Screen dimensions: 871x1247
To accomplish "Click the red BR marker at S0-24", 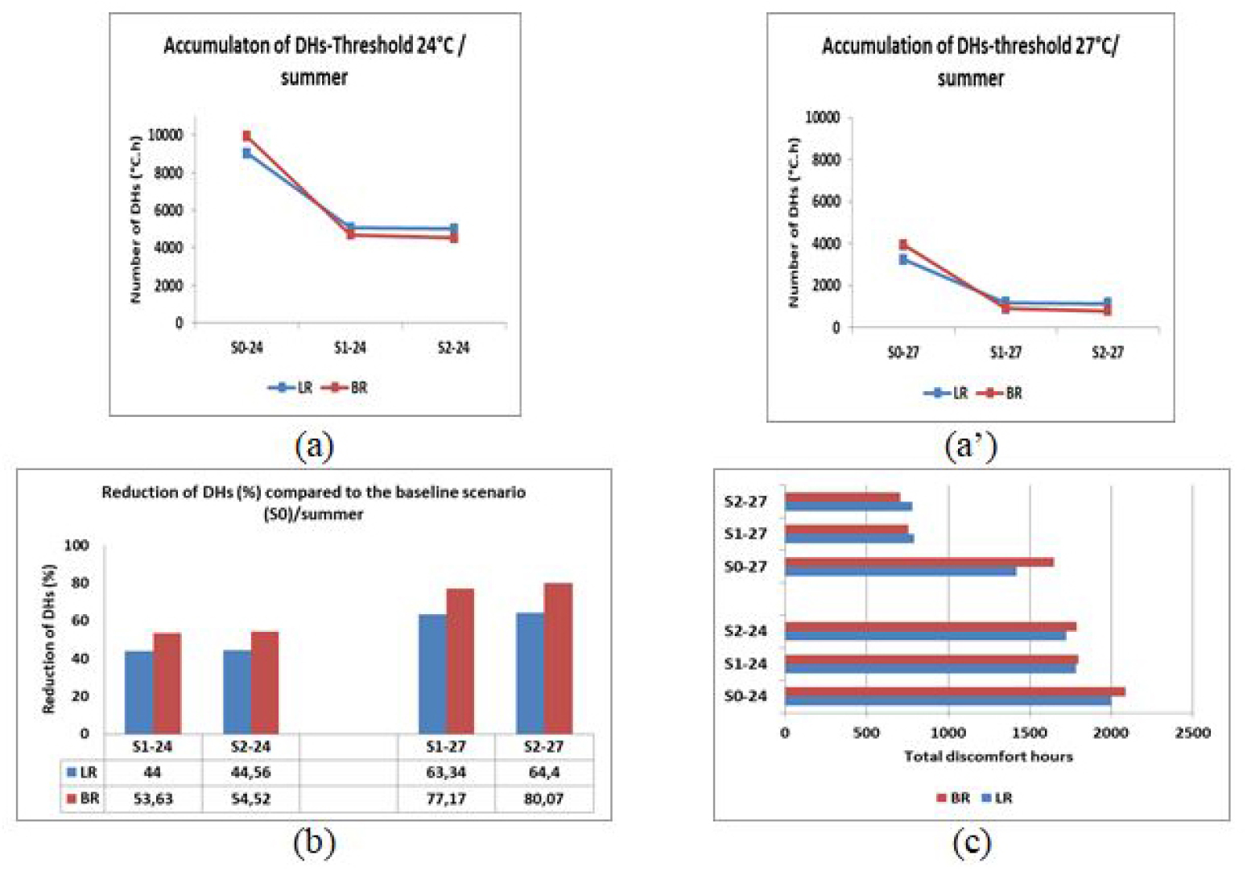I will pos(247,136).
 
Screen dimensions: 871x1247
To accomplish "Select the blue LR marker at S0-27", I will pos(903,259).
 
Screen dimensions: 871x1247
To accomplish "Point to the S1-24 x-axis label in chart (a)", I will pos(350,348).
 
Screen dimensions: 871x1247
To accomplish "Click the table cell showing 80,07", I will pos(543,799).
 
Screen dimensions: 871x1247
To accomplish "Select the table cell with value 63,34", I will pos(445,773).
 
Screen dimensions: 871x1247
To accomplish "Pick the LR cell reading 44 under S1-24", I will pos(152,773).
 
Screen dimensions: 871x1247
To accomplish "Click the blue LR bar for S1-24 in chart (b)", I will pos(139,691).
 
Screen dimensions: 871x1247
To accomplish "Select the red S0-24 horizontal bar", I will pos(954,691).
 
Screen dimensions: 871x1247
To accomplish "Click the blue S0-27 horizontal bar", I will pos(900,572).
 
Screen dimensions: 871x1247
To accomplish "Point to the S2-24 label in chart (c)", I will pos(745,631).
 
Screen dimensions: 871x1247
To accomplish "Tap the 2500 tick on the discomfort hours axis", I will pos(1192,733).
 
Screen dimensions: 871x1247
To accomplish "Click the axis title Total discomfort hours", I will pos(988,756).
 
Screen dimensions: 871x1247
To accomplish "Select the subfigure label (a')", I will pos(970,445).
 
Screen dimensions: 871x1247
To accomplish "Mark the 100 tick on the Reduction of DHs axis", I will pos(76,546).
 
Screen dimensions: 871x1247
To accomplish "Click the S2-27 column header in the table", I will pos(543,746).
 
